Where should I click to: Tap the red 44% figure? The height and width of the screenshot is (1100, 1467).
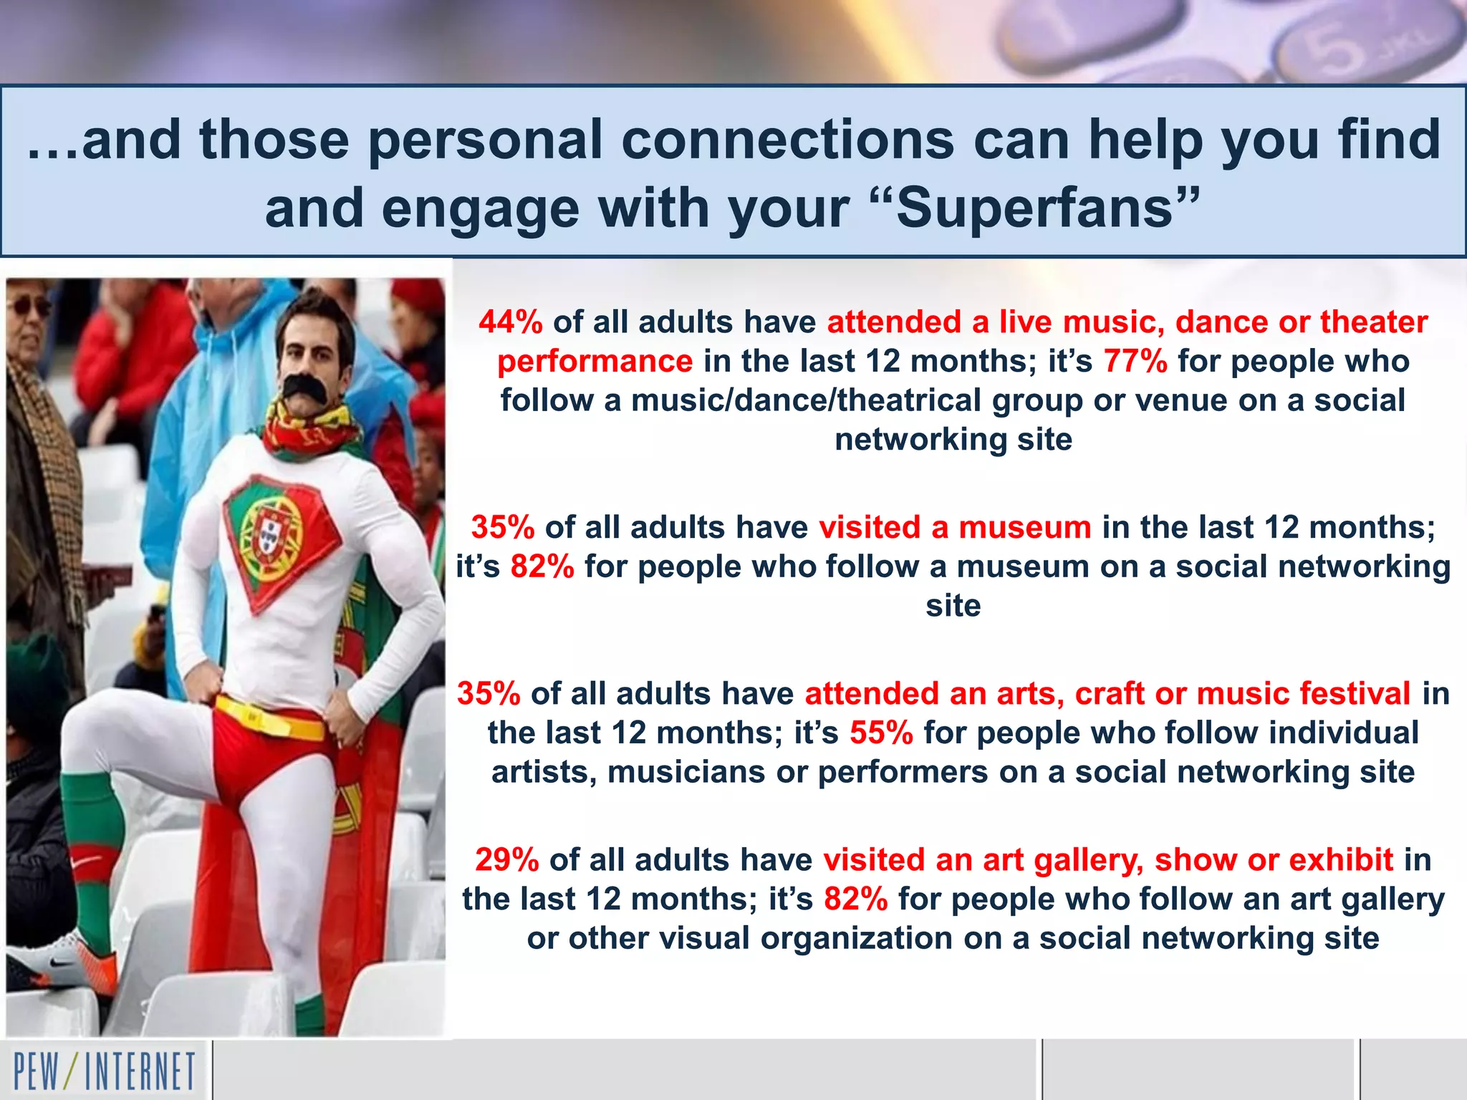511,322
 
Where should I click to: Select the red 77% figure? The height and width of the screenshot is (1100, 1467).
1135,361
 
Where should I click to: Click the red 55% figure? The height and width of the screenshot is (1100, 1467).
881,733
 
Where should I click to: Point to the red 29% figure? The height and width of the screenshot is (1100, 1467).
506,859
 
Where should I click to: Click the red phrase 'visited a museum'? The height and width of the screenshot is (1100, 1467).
955,528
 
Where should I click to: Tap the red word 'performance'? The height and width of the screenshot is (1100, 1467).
595,361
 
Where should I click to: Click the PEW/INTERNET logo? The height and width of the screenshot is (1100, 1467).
105,1071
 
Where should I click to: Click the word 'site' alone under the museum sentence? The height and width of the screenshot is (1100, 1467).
953,606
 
